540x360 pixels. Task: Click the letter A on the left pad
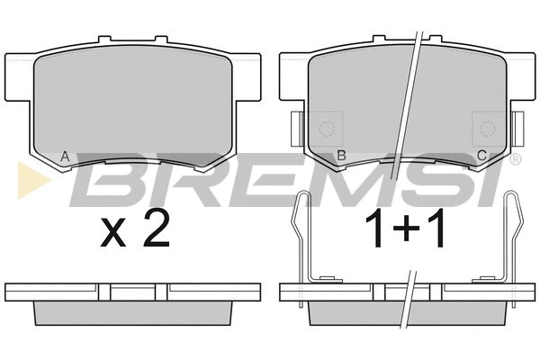pyautogui.click(x=65, y=157)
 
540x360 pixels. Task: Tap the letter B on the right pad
pyautogui.click(x=341, y=156)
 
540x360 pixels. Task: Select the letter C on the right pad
pyautogui.click(x=481, y=156)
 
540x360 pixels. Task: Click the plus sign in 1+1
pyautogui.click(x=406, y=228)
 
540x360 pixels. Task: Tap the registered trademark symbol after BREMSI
pyautogui.click(x=515, y=159)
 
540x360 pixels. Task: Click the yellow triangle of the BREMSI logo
pyautogui.click(x=33, y=180)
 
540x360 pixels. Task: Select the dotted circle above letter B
pyautogui.click(x=327, y=129)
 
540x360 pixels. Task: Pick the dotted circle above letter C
pyautogui.click(x=487, y=129)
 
